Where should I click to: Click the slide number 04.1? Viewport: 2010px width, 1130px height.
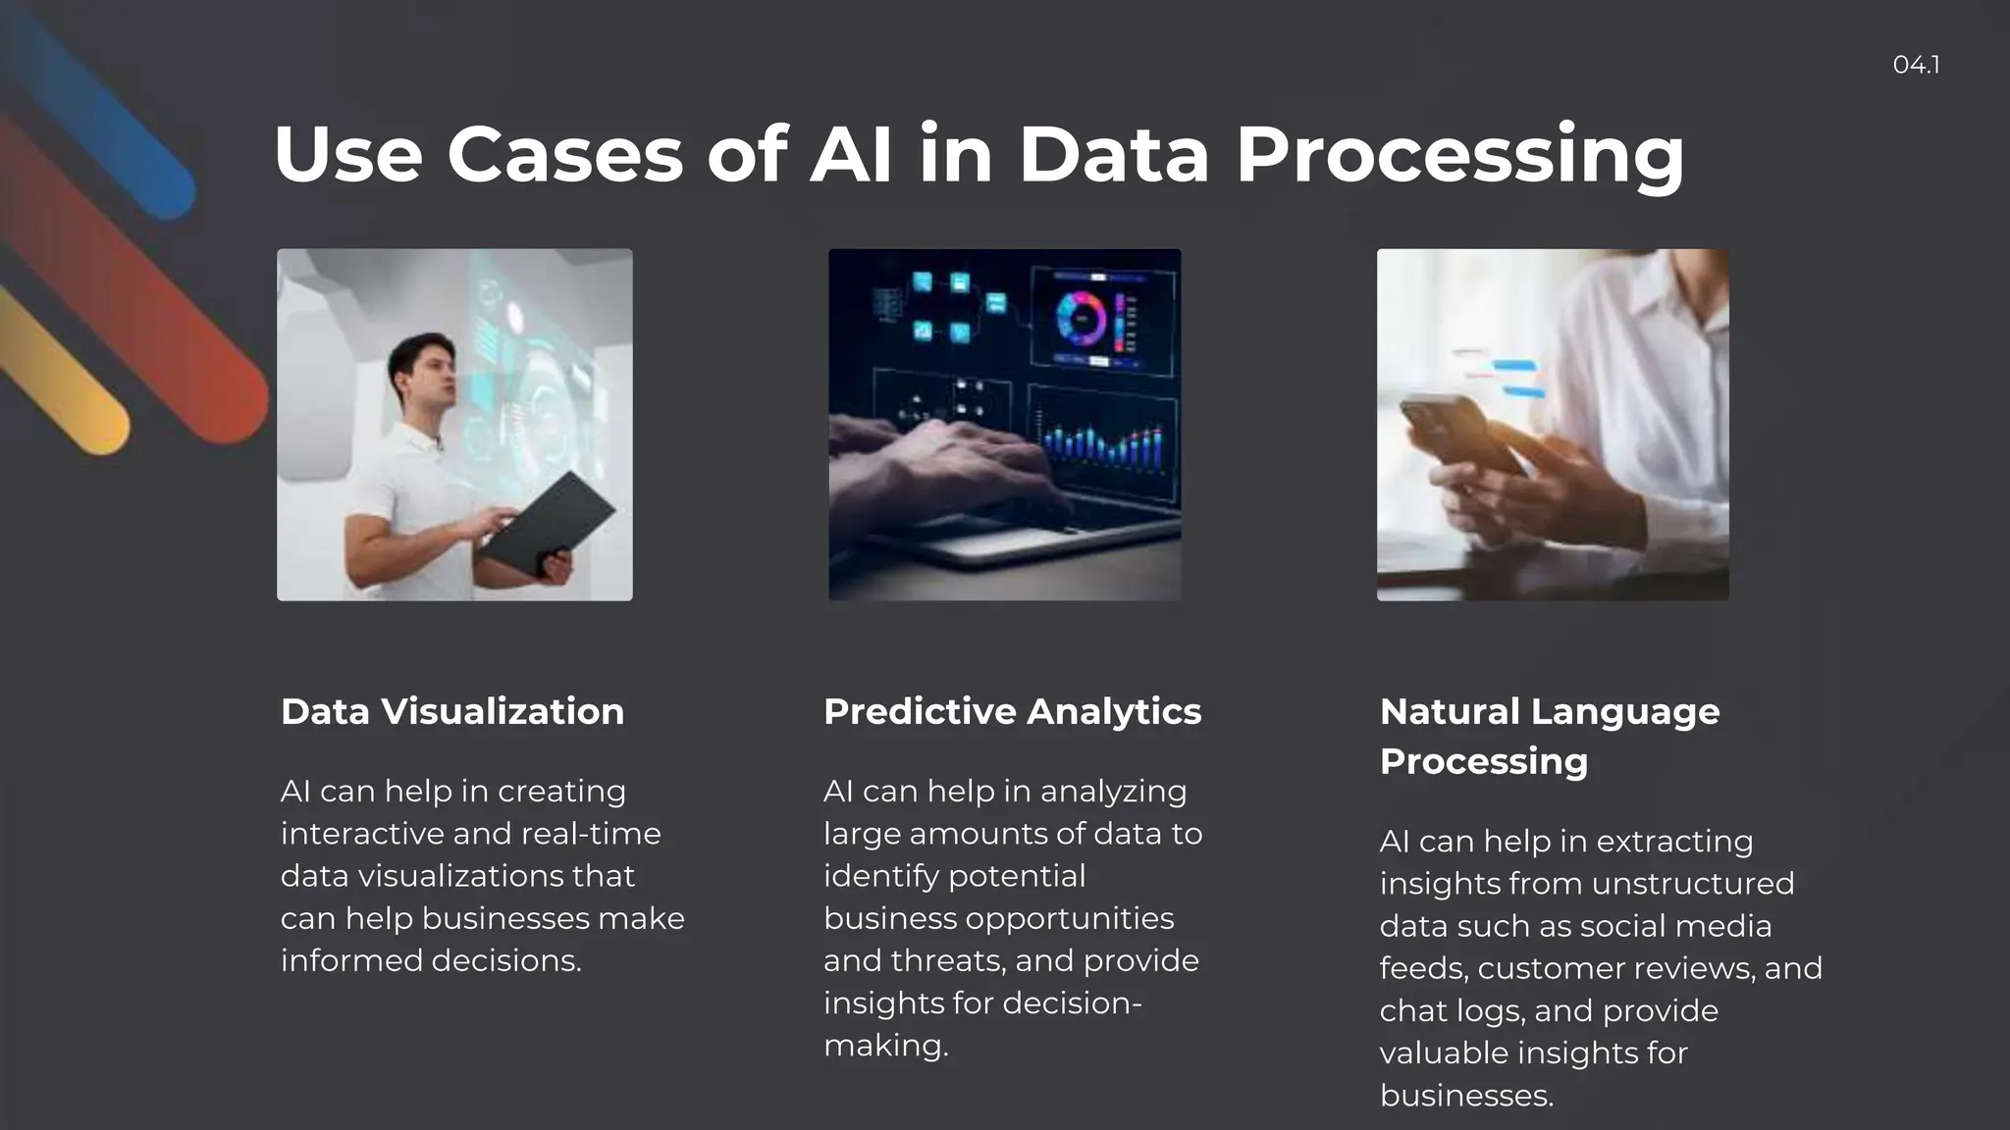(x=1915, y=65)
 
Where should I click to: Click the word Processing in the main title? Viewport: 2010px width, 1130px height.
(x=1459, y=155)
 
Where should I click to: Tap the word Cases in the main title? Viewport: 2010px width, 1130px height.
(x=564, y=154)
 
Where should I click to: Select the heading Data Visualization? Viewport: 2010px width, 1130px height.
(x=452, y=711)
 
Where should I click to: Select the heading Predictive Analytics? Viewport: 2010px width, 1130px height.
(x=1012, y=711)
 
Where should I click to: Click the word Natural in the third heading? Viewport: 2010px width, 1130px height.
(x=1450, y=711)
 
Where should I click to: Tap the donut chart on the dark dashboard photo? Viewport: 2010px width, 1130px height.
(x=1081, y=318)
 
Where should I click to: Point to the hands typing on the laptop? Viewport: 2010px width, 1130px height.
(x=942, y=461)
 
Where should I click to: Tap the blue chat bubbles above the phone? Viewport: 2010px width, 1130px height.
(x=1511, y=378)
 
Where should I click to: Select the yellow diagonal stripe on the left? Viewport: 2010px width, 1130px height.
(x=59, y=373)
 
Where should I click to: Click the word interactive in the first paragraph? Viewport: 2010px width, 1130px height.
(x=361, y=834)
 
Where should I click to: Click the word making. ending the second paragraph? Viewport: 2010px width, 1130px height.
(x=885, y=1046)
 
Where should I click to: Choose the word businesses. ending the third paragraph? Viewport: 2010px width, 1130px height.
(x=1466, y=1096)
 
